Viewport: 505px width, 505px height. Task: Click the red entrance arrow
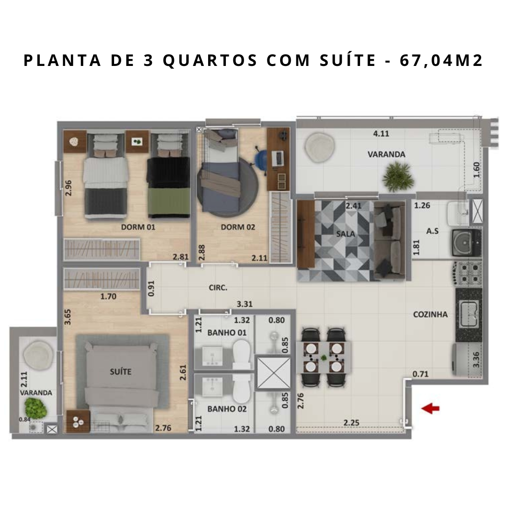(430, 408)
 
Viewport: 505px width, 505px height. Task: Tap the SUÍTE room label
(121, 372)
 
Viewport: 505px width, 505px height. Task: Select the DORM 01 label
(138, 227)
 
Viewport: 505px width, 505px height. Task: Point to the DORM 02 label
(238, 227)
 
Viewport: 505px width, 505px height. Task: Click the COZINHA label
(430, 314)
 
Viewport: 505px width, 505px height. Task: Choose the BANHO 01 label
(227, 333)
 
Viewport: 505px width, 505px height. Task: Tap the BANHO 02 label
(227, 409)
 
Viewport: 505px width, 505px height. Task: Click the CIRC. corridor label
(218, 288)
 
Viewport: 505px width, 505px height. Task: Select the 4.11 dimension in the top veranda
(381, 134)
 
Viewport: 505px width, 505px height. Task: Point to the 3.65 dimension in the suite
(68, 317)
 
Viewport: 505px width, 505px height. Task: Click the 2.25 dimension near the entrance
(351, 423)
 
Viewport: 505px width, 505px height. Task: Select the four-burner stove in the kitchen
(468, 273)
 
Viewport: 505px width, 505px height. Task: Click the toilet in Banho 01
(242, 354)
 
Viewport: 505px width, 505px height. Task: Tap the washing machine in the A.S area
(467, 243)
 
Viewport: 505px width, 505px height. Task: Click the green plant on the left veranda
(36, 408)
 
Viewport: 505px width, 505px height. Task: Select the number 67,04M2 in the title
(441, 61)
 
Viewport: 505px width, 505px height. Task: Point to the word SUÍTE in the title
(348, 60)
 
